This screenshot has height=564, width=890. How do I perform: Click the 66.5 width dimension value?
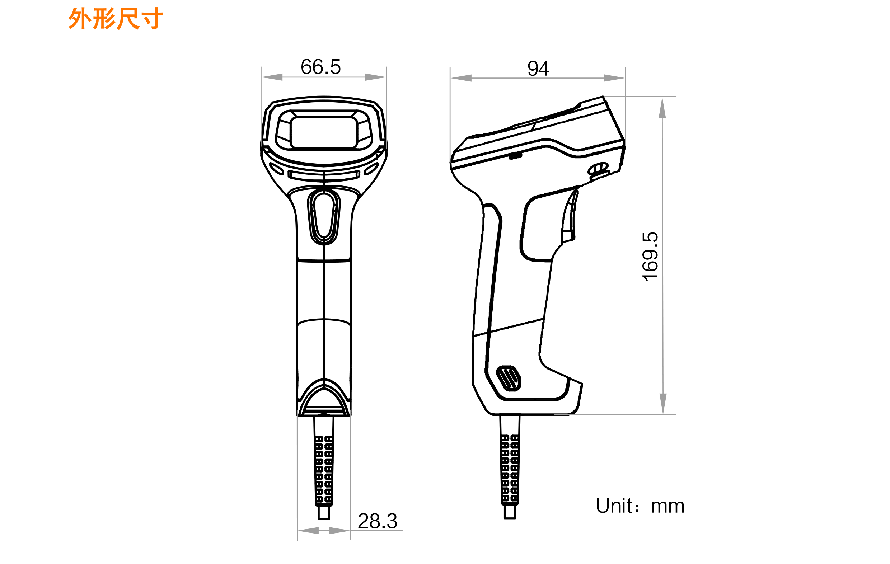point(320,67)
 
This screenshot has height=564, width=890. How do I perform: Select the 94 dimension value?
point(538,69)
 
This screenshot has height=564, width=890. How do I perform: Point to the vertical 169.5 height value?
point(650,257)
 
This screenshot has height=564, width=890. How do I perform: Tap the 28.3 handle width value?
point(378,522)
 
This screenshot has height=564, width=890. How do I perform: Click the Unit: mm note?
point(640,506)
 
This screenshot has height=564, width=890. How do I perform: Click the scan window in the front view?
point(324,133)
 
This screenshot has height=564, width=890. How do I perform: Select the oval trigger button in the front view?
point(324,216)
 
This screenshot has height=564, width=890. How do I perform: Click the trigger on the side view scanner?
point(570,218)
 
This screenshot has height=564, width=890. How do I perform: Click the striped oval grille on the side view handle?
point(508,378)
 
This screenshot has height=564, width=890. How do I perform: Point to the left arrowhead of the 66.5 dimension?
point(272,77)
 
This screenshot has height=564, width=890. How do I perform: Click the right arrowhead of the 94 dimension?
point(614,78)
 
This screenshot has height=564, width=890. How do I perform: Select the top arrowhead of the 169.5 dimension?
point(662,108)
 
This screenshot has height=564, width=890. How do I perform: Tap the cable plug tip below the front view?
point(324,513)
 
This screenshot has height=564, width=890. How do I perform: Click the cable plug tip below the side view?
point(510,512)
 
